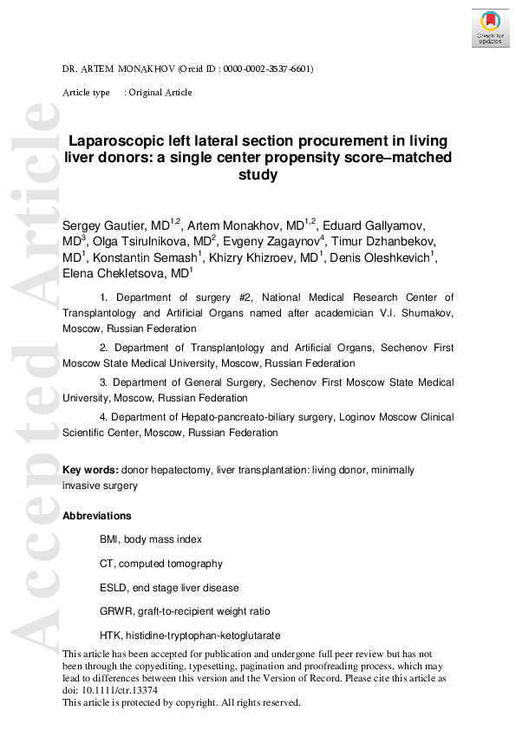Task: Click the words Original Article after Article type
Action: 160,93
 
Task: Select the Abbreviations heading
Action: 97,516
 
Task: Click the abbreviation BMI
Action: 109,539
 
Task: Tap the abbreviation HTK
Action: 110,636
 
